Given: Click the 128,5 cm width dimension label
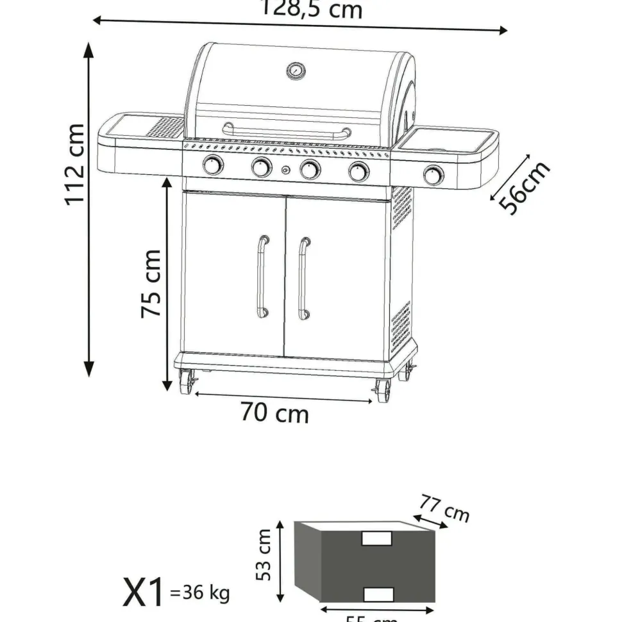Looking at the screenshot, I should [x=311, y=10].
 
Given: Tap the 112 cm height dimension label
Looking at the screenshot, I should [x=76, y=164].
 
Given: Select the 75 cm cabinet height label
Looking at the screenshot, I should [x=151, y=283].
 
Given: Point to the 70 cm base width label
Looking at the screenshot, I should [x=274, y=413].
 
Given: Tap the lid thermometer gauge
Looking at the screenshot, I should [x=296, y=71].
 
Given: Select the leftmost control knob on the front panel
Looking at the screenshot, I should [x=213, y=165].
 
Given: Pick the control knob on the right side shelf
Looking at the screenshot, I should [x=434, y=174].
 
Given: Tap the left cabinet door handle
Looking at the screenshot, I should [x=262, y=276].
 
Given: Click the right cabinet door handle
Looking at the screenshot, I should [x=303, y=277].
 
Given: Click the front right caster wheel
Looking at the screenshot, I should [x=383, y=390].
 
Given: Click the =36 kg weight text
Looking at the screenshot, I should [x=199, y=593].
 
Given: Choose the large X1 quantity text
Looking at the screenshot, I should [x=143, y=593].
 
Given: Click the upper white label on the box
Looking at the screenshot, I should [x=377, y=539].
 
